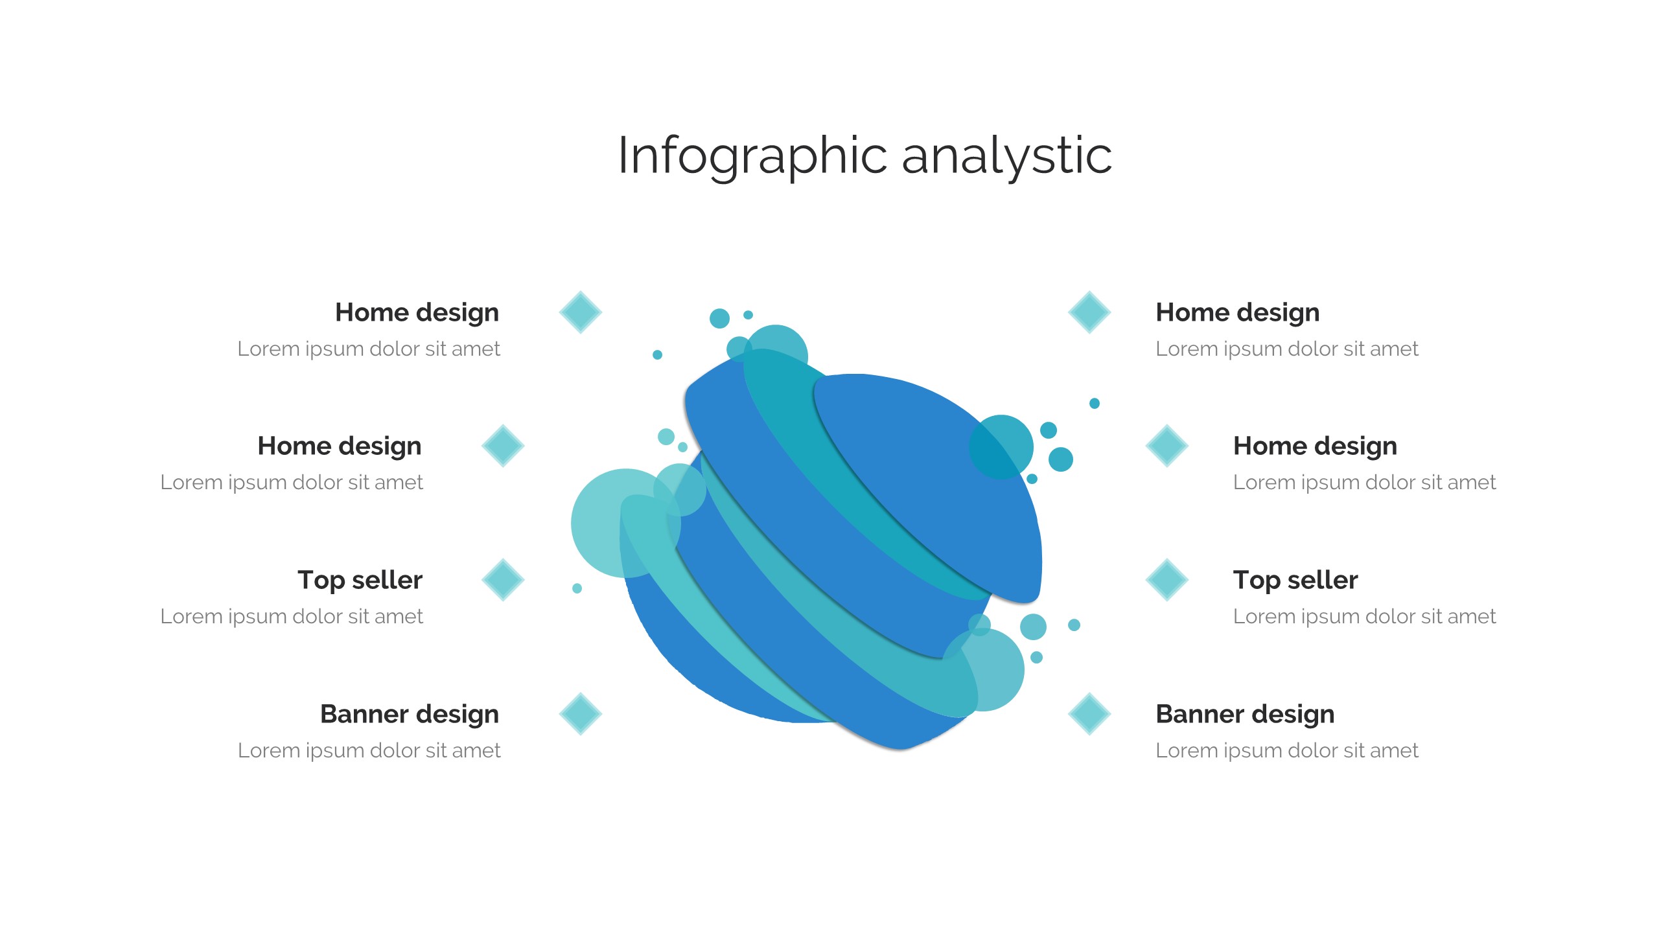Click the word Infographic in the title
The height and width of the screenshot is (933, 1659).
[752, 156]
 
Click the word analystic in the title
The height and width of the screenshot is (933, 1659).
[1007, 155]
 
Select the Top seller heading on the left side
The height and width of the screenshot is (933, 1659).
[360, 581]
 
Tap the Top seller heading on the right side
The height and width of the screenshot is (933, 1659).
[1295, 581]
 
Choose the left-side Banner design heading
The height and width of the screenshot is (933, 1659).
[410, 715]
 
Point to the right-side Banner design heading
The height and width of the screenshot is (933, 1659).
[1245, 715]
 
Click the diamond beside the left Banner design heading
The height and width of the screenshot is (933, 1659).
[581, 714]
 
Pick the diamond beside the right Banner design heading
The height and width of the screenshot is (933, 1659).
[1089, 714]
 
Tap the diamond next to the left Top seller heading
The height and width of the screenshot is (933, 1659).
[503, 580]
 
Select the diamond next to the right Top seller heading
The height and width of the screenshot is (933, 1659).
[1167, 580]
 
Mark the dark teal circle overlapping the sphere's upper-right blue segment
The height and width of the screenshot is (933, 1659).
[1001, 447]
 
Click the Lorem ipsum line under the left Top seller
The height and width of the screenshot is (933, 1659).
[292, 616]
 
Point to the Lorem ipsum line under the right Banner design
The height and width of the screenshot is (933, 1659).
[1287, 750]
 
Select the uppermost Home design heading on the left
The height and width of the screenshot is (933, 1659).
[417, 313]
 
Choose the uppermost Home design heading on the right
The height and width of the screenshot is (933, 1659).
[1238, 313]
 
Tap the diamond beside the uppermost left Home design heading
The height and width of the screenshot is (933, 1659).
[581, 312]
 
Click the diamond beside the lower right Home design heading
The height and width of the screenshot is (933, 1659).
[1167, 446]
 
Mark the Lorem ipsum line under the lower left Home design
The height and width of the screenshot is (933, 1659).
[292, 482]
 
